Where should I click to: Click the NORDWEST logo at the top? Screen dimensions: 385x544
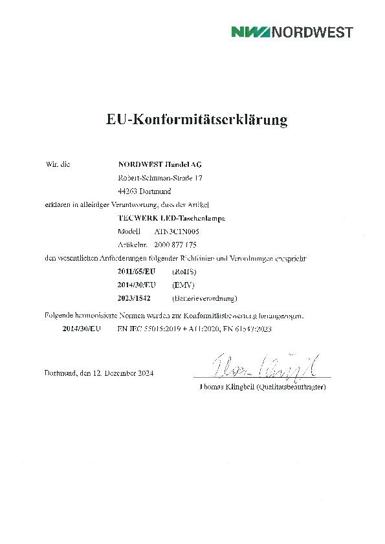click(292, 32)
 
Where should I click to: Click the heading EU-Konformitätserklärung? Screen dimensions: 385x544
click(196, 120)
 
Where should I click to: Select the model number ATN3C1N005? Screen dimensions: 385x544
click(176, 231)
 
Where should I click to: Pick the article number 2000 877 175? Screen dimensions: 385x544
click(176, 245)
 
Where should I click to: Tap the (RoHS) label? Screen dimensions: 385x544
click(184, 272)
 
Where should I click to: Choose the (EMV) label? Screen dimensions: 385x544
click(184, 285)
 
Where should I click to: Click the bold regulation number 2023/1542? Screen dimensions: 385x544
click(137, 298)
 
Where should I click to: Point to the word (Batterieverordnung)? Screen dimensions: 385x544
click(204, 298)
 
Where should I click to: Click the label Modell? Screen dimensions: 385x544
click(129, 231)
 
